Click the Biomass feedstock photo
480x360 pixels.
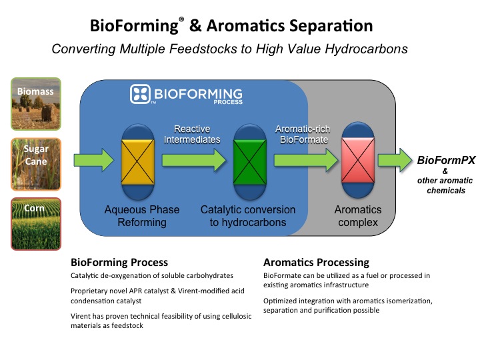[x=36, y=104]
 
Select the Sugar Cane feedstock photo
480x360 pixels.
[x=36, y=164]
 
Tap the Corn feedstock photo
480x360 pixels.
[x=36, y=224]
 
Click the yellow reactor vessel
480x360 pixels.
[x=138, y=162]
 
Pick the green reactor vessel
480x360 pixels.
[x=250, y=162]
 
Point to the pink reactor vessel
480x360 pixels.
[x=358, y=160]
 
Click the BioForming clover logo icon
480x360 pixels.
[x=140, y=94]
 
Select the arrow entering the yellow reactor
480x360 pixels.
[x=94, y=160]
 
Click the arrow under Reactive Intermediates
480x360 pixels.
[x=194, y=160]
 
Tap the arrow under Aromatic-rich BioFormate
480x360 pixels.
[x=306, y=160]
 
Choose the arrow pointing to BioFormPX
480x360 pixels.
[x=395, y=160]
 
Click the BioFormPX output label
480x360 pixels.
[x=446, y=160]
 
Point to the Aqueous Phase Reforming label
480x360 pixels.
[x=142, y=216]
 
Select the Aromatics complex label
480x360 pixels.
[x=358, y=216]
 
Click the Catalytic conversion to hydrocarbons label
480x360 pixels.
[x=248, y=216]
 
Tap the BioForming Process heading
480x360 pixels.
[x=119, y=263]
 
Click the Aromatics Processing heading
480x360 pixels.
[x=316, y=263]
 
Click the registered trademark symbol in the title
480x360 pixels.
[x=181, y=19]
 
